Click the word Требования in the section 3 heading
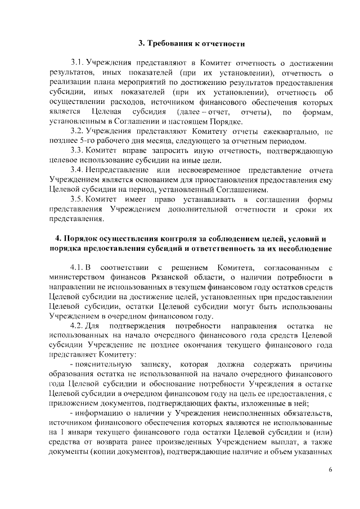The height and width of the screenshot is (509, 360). (174, 43)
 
